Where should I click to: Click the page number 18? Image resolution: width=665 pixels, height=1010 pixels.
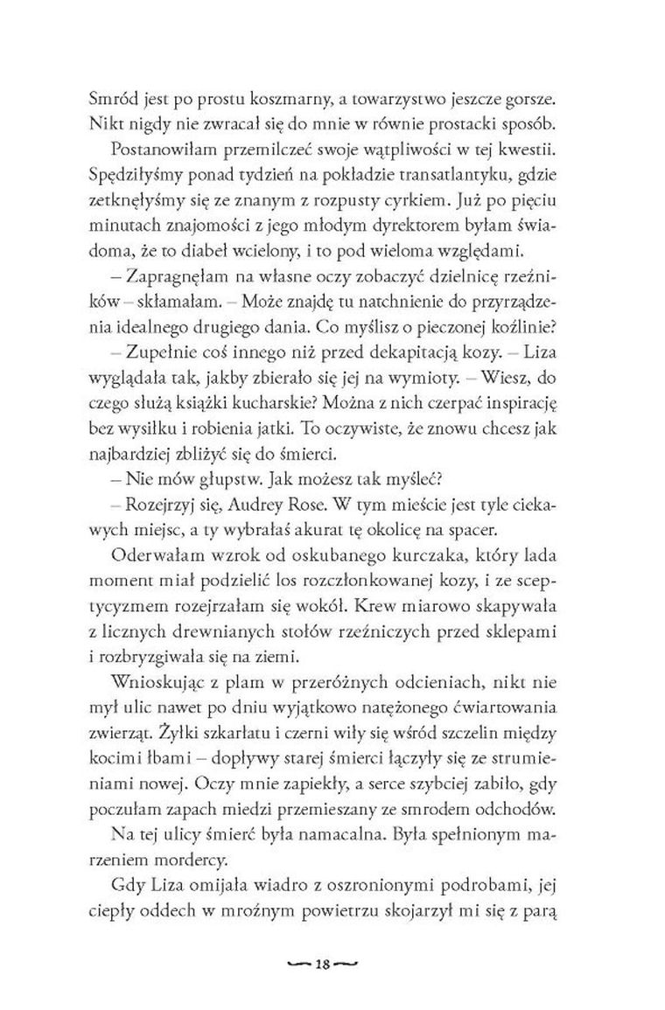(x=323, y=941)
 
